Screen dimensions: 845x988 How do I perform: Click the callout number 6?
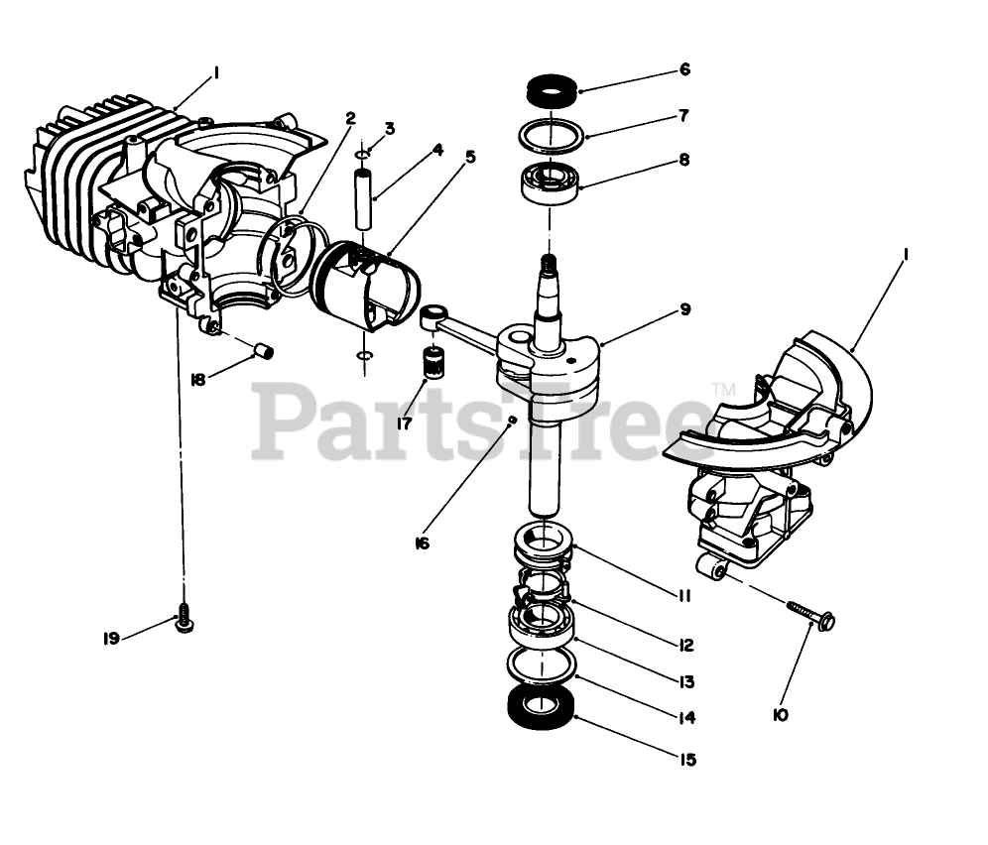684,70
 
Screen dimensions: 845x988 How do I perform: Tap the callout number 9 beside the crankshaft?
683,309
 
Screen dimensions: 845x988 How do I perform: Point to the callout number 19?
111,639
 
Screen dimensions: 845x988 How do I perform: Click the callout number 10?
780,714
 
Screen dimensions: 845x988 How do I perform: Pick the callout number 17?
405,423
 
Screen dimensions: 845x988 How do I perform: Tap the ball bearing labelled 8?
549,181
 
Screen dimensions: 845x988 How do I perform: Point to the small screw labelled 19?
184,619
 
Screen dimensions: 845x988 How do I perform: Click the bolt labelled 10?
809,614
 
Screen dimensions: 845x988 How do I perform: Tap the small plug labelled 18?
264,348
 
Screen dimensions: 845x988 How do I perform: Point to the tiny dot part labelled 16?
511,421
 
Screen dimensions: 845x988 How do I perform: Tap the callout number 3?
390,129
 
